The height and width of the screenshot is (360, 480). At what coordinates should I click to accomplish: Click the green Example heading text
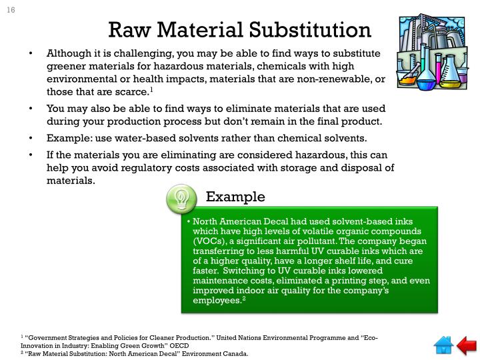click(x=235, y=197)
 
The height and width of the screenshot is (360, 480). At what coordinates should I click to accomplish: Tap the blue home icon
click(x=443, y=345)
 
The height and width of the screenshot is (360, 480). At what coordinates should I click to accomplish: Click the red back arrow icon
click(x=466, y=345)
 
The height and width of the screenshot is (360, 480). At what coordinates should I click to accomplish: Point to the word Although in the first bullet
click(x=70, y=54)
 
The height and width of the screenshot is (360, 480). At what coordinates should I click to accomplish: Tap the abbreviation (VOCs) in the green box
click(x=209, y=241)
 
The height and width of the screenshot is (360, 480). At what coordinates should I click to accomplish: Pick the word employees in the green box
click(x=217, y=301)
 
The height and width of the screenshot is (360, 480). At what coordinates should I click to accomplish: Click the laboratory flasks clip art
click(x=429, y=53)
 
